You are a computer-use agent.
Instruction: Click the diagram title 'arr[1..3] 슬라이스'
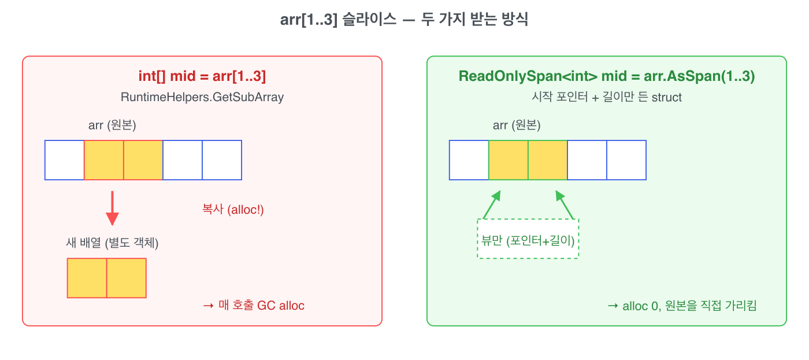(x=338, y=19)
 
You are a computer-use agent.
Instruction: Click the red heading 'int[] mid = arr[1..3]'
(x=202, y=76)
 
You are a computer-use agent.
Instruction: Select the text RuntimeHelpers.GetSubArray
(x=202, y=97)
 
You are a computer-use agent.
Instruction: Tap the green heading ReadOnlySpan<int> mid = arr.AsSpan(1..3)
(x=606, y=76)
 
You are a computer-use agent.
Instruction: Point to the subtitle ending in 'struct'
(x=606, y=97)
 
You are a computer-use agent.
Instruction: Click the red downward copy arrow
(x=112, y=209)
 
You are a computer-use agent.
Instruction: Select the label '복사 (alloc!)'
(x=233, y=209)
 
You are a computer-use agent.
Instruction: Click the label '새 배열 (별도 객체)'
(x=112, y=242)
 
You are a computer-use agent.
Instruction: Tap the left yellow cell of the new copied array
(x=87, y=278)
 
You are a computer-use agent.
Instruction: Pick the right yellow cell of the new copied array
(x=127, y=278)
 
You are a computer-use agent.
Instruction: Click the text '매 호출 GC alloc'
(x=261, y=306)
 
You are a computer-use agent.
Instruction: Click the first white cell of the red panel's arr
(x=65, y=160)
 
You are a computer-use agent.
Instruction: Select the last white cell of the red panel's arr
(x=222, y=160)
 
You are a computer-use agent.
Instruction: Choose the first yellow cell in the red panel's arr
(x=104, y=160)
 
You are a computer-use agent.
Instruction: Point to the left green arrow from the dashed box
(x=492, y=205)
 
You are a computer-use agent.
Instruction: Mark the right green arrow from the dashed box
(x=565, y=205)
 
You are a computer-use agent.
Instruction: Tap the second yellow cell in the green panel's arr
(x=548, y=160)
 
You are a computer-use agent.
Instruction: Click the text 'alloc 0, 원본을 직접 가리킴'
(x=689, y=306)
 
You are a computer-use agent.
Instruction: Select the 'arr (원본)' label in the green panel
(x=517, y=125)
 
